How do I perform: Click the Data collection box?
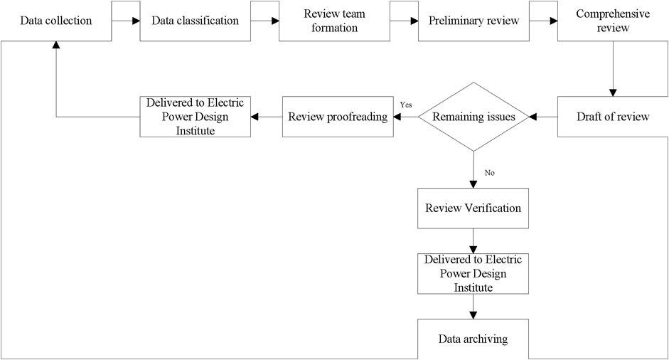pos(56,21)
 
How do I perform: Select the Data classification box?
pos(196,21)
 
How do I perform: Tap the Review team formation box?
pos(334,21)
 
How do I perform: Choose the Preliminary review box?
pos(473,21)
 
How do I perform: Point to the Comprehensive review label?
pos(613,21)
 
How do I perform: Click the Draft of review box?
pos(613,117)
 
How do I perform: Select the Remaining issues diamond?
pos(473,117)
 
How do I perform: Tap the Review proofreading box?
pos(338,117)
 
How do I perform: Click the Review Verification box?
pos(473,208)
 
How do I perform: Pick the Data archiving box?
pos(473,339)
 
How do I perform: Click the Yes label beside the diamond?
pos(406,105)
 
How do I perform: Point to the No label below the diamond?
pos(489,173)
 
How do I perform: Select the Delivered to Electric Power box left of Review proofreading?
pos(196,117)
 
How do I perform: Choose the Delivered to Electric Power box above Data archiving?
pos(473,274)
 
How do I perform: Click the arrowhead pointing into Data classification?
pos(136,21)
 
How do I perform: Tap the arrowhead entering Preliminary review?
pos(414,21)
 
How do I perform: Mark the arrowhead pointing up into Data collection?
pos(56,45)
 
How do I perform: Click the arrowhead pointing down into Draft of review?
pos(613,92)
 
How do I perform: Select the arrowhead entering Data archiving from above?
pos(473,315)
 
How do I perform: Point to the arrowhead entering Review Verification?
pos(473,184)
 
